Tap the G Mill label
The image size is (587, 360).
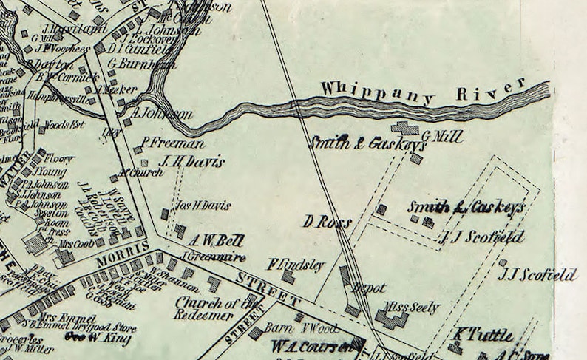click(x=442, y=136)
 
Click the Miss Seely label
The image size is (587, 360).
click(x=410, y=308)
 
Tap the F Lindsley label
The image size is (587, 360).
click(x=296, y=265)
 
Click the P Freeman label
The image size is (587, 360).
click(x=173, y=143)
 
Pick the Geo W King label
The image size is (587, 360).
click(x=98, y=339)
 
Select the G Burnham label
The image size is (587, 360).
click(x=141, y=64)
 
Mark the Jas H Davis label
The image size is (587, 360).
click(x=201, y=206)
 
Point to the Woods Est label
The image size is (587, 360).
click(x=65, y=124)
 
